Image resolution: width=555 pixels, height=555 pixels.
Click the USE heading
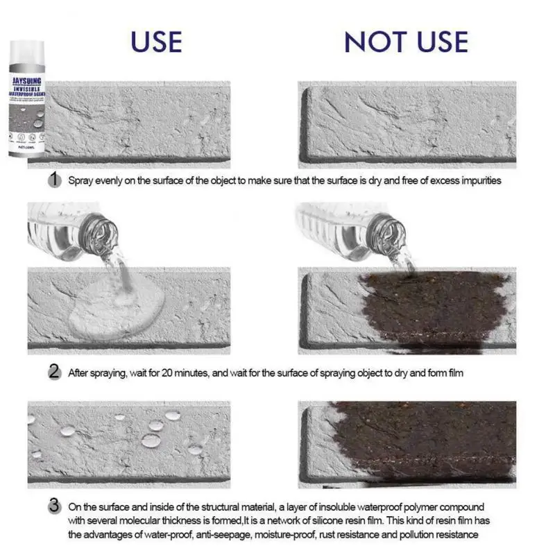tap(156, 42)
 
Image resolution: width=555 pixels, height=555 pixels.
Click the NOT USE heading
tap(406, 42)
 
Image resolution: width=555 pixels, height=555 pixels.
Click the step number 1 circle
tap(55, 180)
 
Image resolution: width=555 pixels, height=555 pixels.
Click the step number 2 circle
tap(55, 373)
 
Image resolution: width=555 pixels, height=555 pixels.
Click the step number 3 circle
tap(55, 506)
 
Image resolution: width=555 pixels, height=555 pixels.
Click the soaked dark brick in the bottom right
tap(423, 441)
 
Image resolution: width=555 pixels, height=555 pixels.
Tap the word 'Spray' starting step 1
tap(80, 180)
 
